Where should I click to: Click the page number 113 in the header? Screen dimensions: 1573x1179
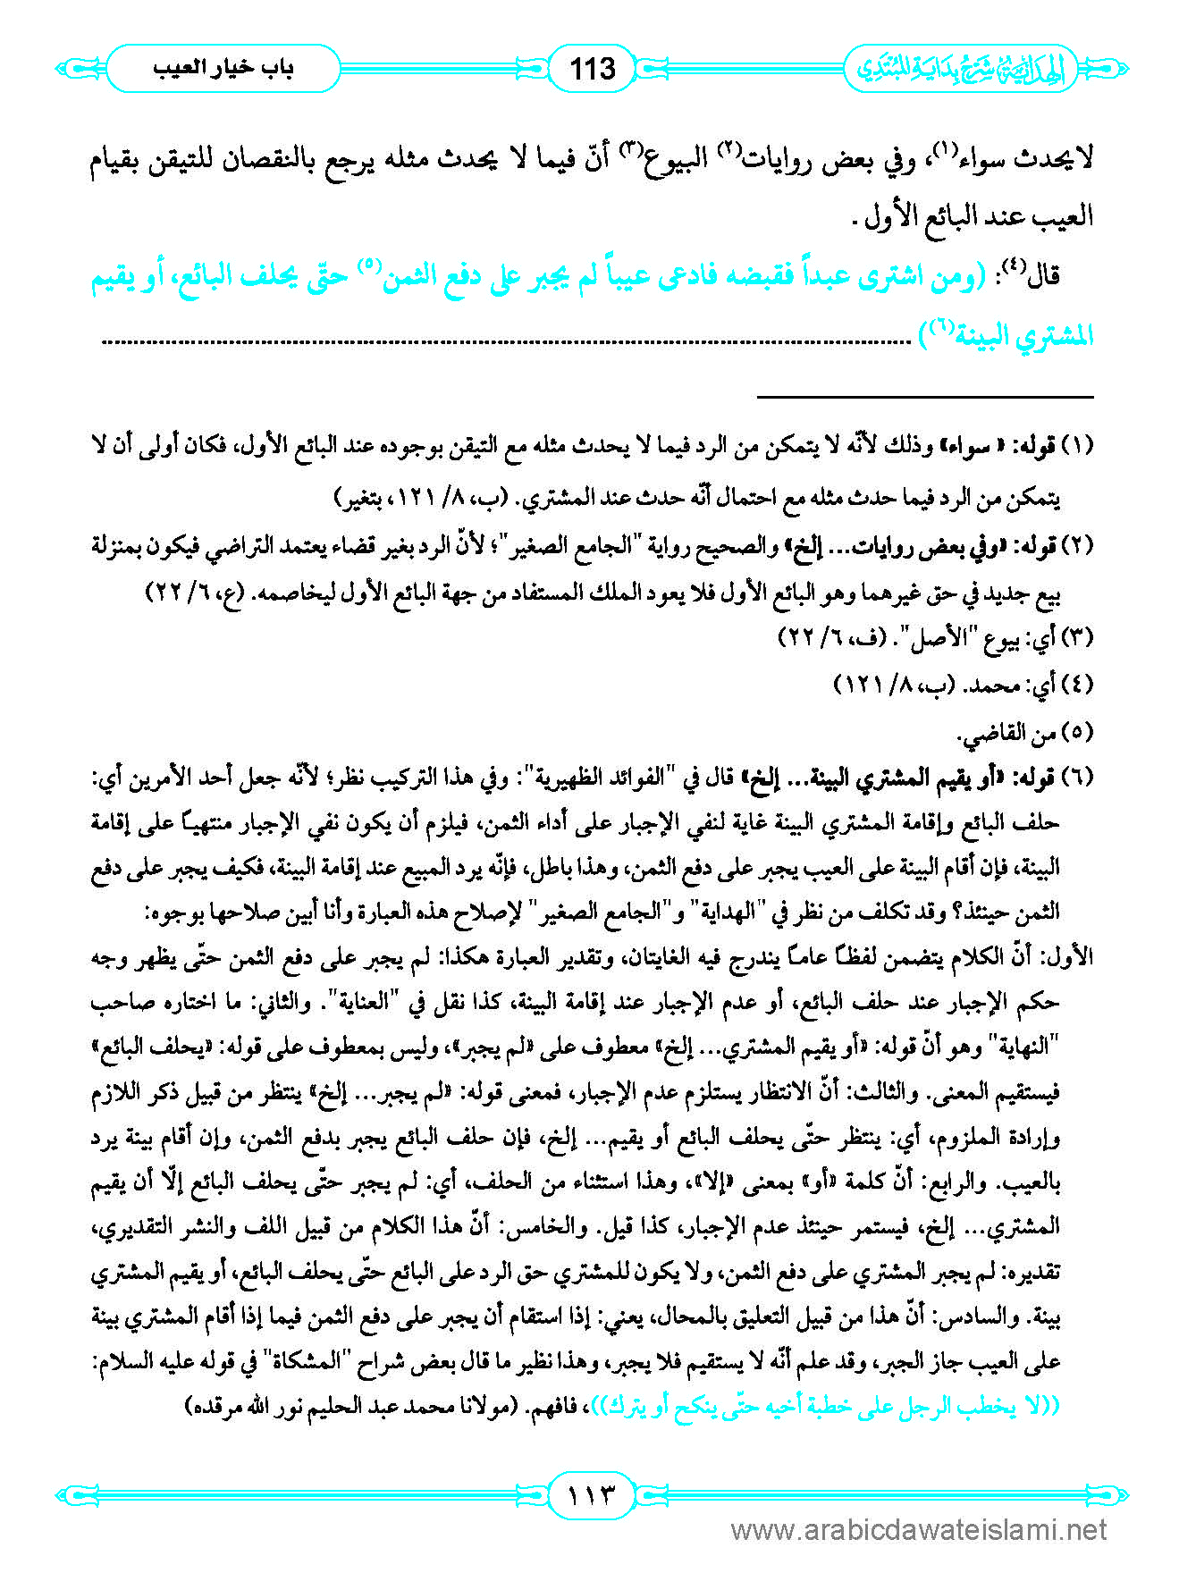click(593, 69)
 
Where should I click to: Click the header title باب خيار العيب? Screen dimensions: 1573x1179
click(223, 68)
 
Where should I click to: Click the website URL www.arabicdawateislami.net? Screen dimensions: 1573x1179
click(918, 1530)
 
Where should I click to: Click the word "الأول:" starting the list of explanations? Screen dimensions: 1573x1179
click(1072, 957)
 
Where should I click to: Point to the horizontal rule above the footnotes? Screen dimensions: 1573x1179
click(925, 396)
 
